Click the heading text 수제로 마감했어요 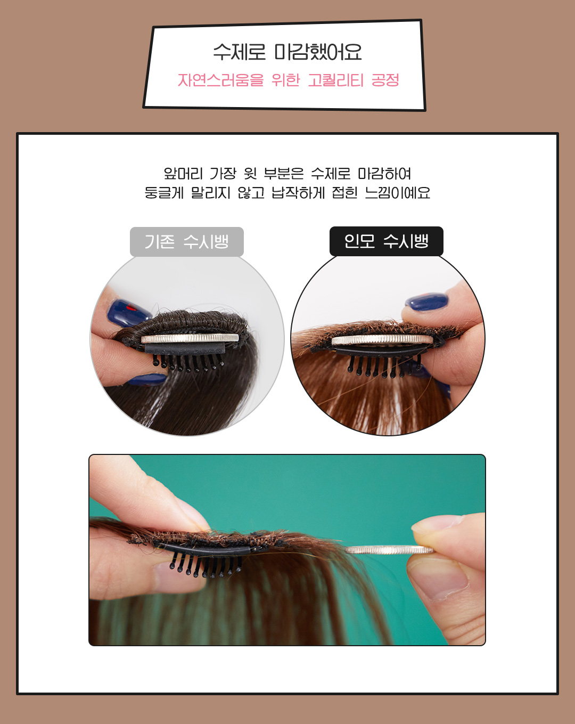coord(287,53)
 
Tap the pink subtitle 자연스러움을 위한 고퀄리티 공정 coord(288,80)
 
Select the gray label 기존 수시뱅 coord(187,241)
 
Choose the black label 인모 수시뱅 coord(387,241)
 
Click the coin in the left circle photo coord(190,338)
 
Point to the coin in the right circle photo coord(382,339)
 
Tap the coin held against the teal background coord(389,550)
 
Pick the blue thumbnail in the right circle coord(426,302)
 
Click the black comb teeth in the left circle coord(187,362)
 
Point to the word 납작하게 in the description coord(298,193)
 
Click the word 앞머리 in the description coord(183,174)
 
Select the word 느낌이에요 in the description coord(398,193)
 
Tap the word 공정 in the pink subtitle coord(385,80)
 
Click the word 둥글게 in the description coord(164,193)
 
